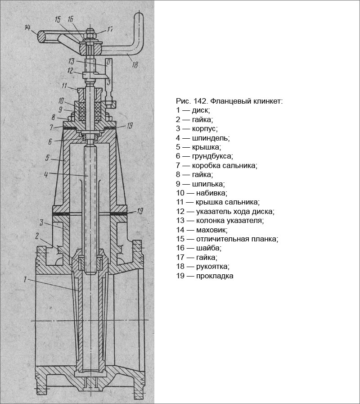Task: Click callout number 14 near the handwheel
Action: [28, 28]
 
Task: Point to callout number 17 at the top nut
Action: [110, 30]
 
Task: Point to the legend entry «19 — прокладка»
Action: [205, 276]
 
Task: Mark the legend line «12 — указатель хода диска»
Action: [225, 211]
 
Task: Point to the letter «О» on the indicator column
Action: [107, 61]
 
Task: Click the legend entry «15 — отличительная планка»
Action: [227, 239]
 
